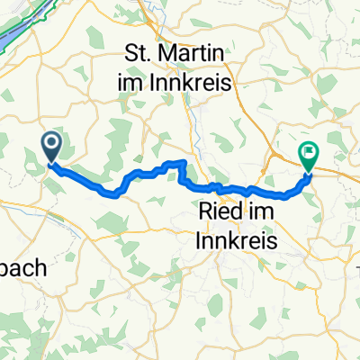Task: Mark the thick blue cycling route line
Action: tap(144, 173)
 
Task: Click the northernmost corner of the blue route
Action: tap(184, 162)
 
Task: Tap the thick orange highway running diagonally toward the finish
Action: tap(270, 180)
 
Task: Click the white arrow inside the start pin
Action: tap(50, 142)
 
